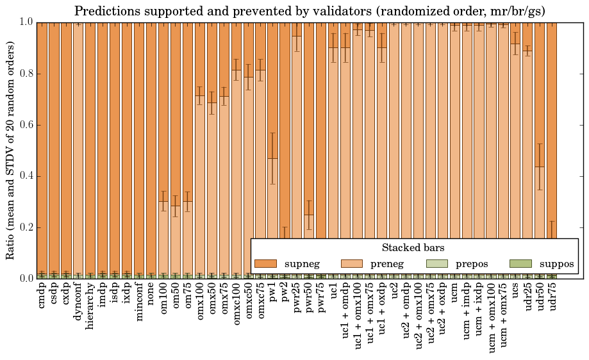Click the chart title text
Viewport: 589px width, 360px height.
point(310,12)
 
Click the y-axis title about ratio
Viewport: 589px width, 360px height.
point(11,150)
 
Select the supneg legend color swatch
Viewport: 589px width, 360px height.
point(265,264)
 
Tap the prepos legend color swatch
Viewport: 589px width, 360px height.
point(437,264)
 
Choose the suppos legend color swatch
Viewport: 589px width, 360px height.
point(520,264)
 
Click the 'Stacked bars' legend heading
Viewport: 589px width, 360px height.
point(413,248)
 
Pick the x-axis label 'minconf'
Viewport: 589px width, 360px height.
point(139,303)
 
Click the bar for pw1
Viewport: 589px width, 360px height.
point(273,192)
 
